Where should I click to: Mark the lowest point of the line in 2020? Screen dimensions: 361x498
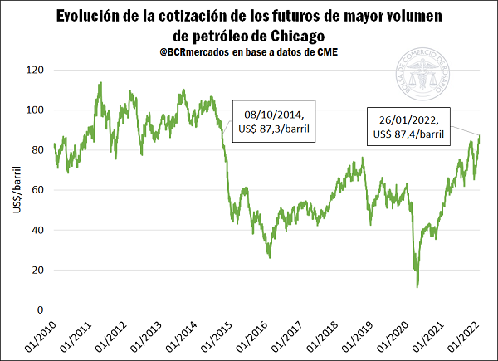[417, 286]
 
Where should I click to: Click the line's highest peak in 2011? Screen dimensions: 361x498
[100, 82]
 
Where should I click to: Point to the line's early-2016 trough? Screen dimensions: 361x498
[269, 257]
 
